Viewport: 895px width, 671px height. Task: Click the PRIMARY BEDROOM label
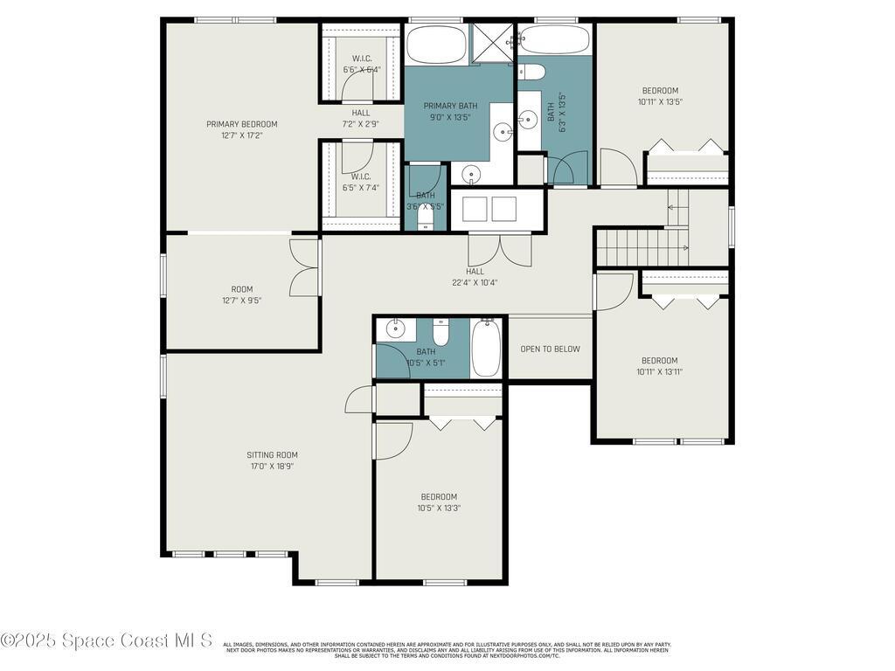click(241, 124)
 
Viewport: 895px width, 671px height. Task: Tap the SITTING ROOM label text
click(273, 454)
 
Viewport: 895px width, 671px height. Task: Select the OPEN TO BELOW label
click(550, 349)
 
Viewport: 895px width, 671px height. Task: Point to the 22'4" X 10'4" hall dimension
click(475, 282)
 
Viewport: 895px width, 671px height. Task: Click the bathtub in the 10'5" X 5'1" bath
click(485, 348)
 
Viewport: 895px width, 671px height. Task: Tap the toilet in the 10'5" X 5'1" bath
click(441, 332)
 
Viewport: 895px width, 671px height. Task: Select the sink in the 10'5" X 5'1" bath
click(396, 329)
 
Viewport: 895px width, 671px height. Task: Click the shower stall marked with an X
click(493, 43)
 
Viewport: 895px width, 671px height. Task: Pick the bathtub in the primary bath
click(436, 44)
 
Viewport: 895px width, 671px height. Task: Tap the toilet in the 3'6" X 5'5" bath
click(426, 222)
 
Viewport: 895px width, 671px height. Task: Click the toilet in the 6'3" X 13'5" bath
click(532, 72)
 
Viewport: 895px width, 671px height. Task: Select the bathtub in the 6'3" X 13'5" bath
click(555, 40)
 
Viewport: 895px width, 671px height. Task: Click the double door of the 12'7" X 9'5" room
click(305, 266)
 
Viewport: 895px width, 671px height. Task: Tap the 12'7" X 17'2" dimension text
click(241, 135)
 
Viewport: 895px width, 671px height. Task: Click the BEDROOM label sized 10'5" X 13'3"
click(439, 496)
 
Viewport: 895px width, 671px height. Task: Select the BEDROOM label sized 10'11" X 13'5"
click(660, 90)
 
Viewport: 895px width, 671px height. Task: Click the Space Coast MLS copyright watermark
click(106, 640)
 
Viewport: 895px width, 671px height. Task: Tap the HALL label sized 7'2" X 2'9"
click(361, 113)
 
